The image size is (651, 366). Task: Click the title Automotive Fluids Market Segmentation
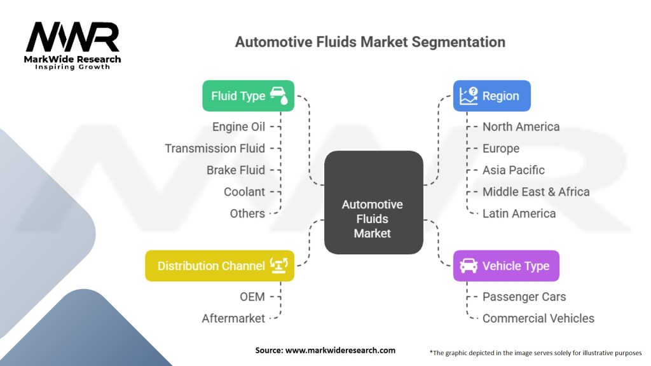click(x=370, y=42)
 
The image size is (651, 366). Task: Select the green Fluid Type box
click(x=248, y=96)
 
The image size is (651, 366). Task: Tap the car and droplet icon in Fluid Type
click(x=278, y=95)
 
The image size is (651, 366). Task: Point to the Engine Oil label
click(x=239, y=126)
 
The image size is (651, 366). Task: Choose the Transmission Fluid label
click(x=215, y=148)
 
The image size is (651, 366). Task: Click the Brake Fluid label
click(x=236, y=170)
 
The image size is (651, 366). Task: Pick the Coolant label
click(x=244, y=191)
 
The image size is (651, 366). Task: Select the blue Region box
click(x=491, y=96)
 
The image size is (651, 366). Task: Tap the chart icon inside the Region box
click(x=469, y=95)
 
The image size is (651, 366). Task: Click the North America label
click(x=521, y=126)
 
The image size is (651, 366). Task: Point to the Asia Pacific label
click(x=513, y=170)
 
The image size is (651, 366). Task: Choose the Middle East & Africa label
click(x=535, y=191)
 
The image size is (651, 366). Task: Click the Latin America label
click(x=519, y=213)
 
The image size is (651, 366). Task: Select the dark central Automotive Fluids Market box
click(x=373, y=203)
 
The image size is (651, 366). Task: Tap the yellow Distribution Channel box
click(x=219, y=266)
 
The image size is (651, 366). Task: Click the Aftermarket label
click(x=233, y=318)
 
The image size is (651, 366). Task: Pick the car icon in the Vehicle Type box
click(x=469, y=266)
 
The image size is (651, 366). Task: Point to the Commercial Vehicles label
click(x=538, y=318)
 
